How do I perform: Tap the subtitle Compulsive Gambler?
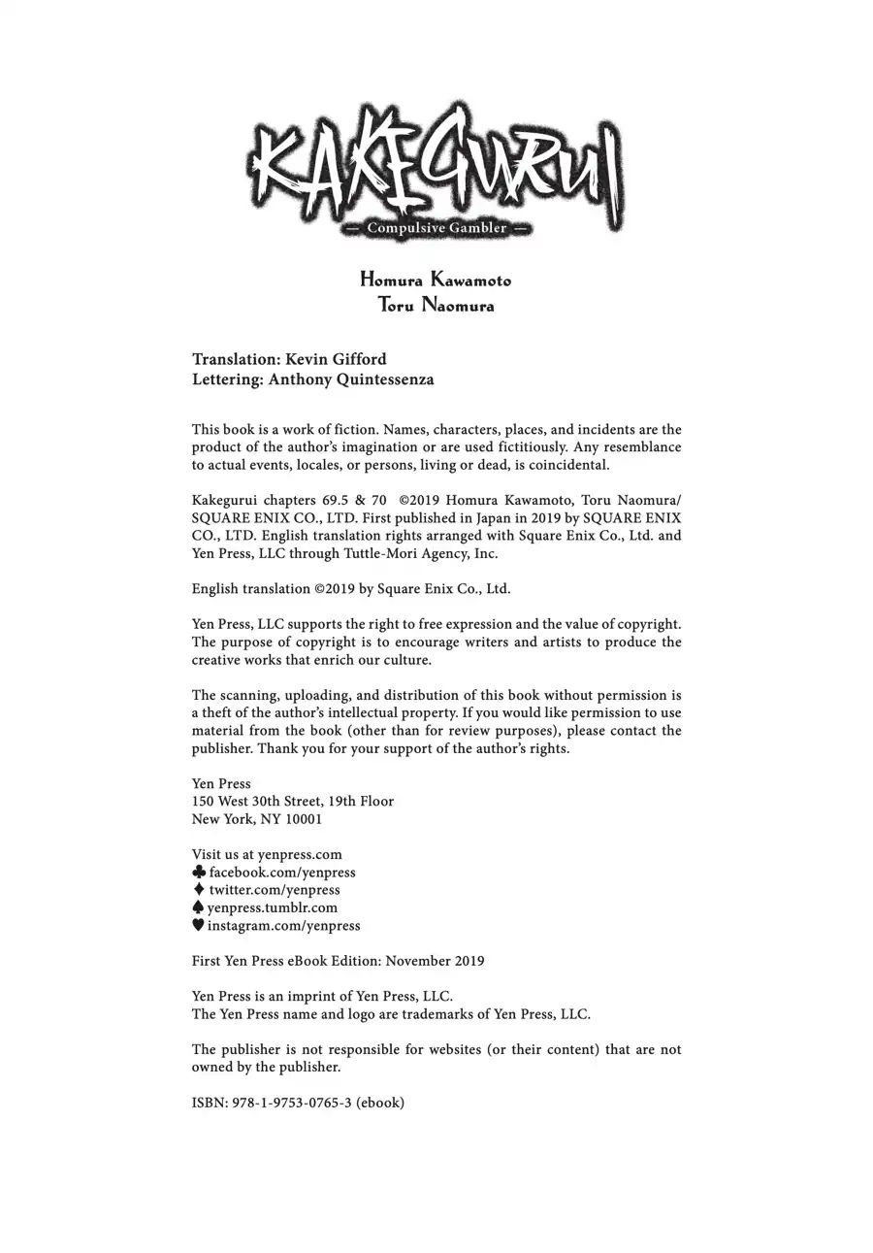click(x=436, y=228)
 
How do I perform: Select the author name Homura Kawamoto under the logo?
click(x=436, y=280)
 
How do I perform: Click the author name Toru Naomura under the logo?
click(x=436, y=306)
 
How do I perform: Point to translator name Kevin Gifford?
click(x=336, y=359)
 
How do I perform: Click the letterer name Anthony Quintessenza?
click(x=351, y=379)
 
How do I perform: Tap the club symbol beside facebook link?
click(x=199, y=872)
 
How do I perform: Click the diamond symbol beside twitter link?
click(x=199, y=889)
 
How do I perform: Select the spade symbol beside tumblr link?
click(x=198, y=907)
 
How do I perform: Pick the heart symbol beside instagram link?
click(x=198, y=925)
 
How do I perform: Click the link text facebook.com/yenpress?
click(x=282, y=873)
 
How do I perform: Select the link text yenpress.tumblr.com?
click(x=273, y=907)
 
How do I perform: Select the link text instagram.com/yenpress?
click(x=283, y=926)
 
